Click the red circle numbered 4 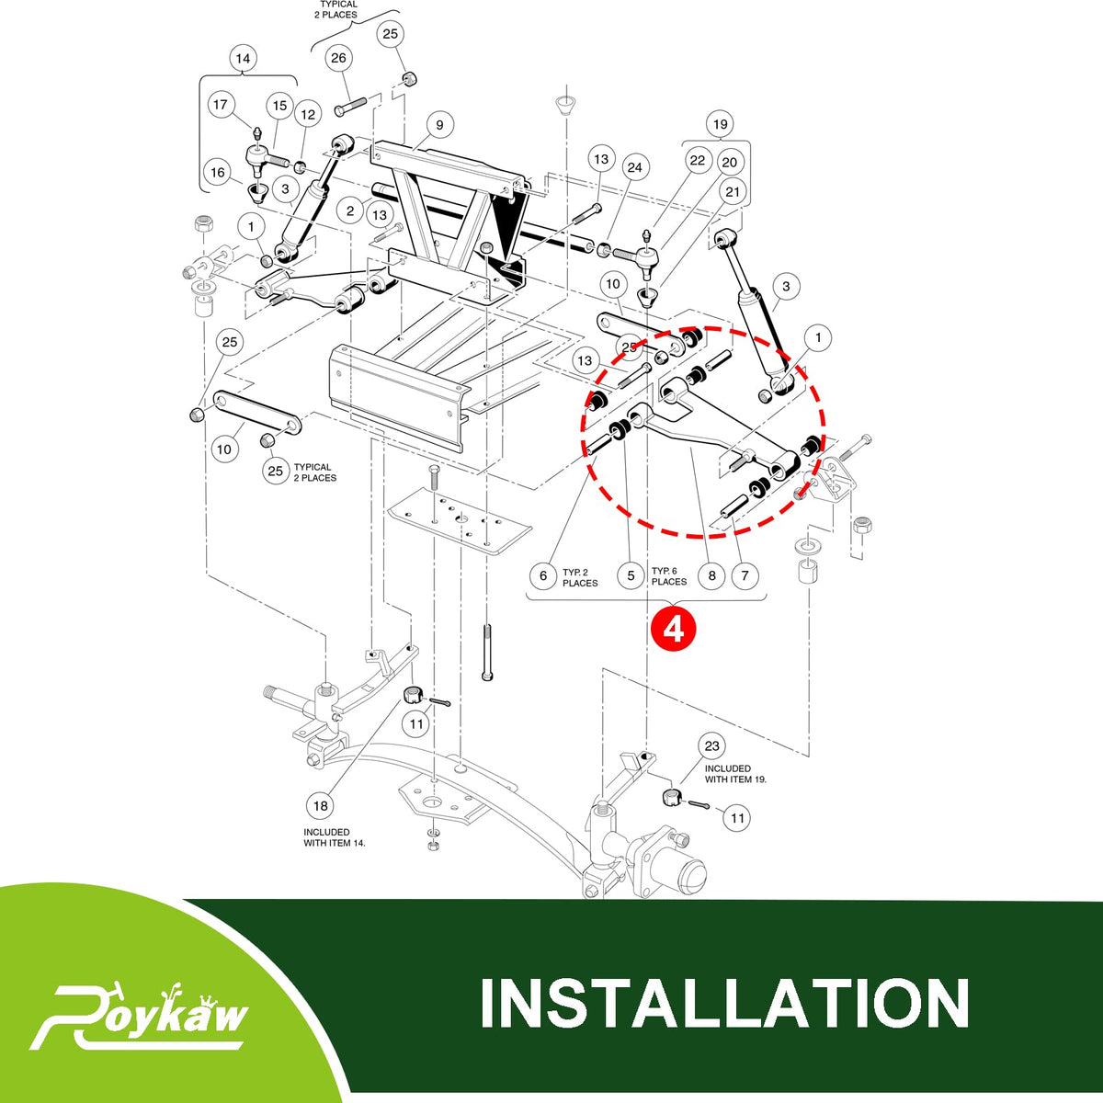tap(673, 630)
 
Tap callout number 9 tap(439, 125)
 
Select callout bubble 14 tap(243, 59)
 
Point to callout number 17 tap(221, 105)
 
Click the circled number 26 tap(338, 58)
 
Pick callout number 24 tap(635, 167)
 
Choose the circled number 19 tap(720, 124)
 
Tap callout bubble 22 tap(697, 160)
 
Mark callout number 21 tap(733, 192)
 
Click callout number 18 tap(321, 806)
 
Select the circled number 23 tap(711, 745)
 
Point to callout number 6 tap(543, 575)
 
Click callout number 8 tap(711, 575)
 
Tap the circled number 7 tap(745, 575)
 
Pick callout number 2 tap(350, 211)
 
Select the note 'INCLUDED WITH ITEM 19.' tap(735, 774)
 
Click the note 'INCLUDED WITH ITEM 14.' tap(335, 837)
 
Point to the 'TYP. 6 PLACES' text tap(669, 576)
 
